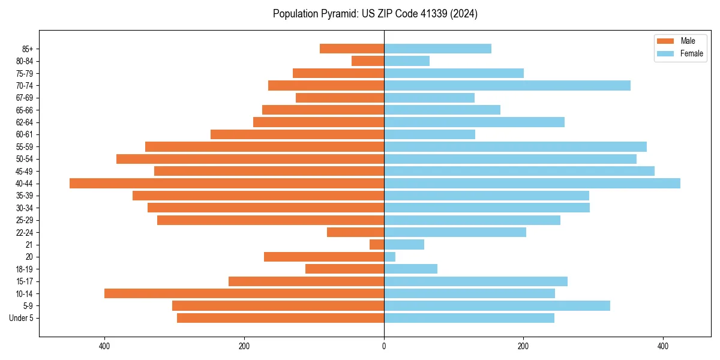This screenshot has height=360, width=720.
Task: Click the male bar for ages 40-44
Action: coord(227,184)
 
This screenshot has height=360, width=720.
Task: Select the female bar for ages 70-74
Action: coord(507,86)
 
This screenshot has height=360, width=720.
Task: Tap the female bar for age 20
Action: coord(389,257)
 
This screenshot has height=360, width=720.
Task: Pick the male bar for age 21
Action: coord(377,245)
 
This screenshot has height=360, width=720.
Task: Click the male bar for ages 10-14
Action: coord(244,293)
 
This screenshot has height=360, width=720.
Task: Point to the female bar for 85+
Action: coord(437,49)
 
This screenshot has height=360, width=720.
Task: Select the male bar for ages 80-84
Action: coord(368,61)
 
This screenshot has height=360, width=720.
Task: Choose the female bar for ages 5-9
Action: coord(497,306)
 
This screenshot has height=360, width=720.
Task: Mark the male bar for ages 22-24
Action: coord(355,232)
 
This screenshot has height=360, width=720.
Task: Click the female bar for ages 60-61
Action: coord(430,134)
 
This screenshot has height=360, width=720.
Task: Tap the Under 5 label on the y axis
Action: coord(21,318)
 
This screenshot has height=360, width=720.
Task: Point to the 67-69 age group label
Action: coord(25,98)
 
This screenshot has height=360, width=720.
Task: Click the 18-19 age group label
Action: coord(25,269)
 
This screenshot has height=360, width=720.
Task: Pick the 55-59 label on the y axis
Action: coord(25,147)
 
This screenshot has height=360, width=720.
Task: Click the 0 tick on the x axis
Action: coord(384,346)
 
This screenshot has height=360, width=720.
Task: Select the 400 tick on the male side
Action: coord(104,346)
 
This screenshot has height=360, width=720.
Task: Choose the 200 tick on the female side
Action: coord(523,346)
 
